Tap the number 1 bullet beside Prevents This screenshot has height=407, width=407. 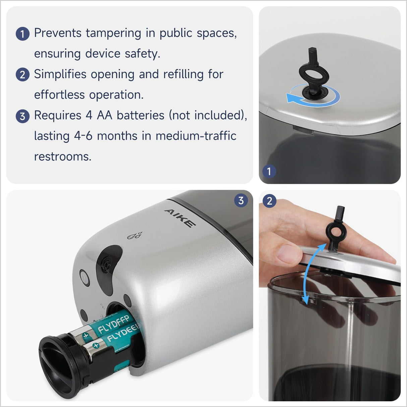22,34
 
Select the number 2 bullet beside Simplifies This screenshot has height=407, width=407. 22,74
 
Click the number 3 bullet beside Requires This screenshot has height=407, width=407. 22,116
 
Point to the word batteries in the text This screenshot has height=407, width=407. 140,115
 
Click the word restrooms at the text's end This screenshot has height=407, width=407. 63,157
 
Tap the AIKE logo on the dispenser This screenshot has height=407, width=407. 180,218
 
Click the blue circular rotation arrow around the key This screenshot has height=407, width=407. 313,96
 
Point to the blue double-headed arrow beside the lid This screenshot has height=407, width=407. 310,273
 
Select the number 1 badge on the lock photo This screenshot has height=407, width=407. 269,171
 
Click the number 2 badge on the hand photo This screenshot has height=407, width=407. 269,201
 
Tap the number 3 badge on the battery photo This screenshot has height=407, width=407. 241,201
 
